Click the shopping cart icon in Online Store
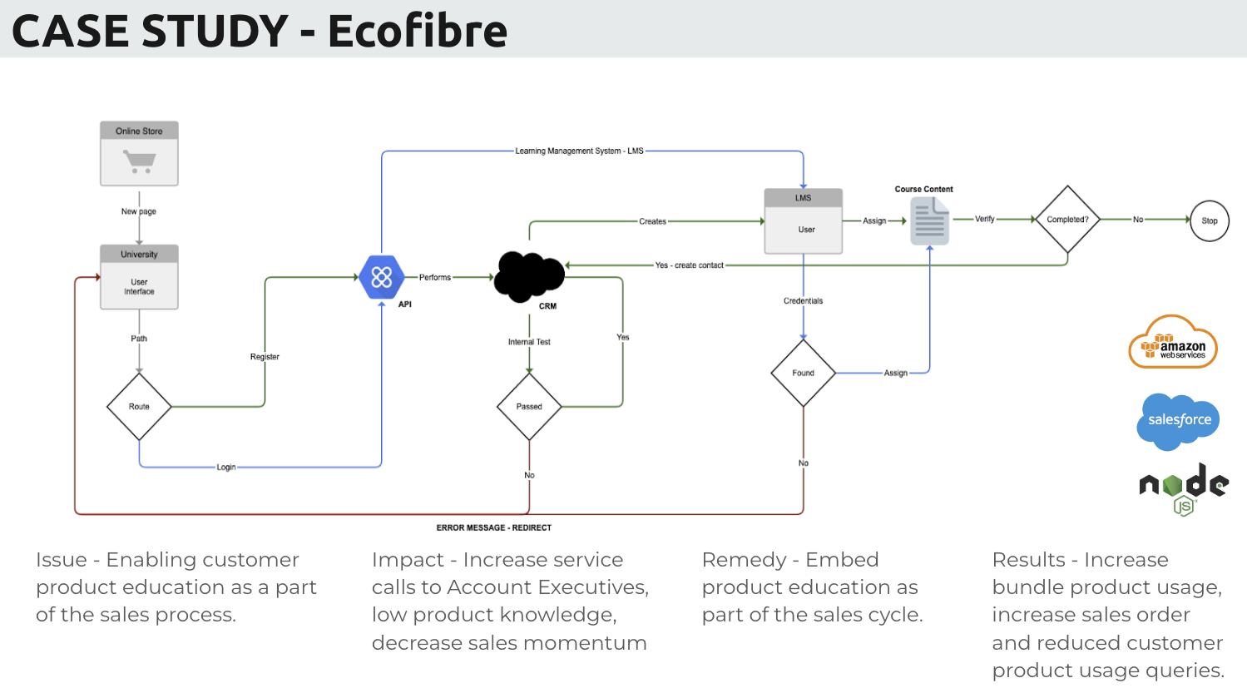139,161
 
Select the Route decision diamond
139,407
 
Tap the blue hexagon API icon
382,277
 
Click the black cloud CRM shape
529,276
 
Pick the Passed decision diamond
529,407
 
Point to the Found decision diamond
803,373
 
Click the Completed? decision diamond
1067,220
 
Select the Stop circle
1209,220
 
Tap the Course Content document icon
929,222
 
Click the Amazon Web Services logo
1173,343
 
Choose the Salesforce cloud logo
1179,420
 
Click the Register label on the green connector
265,357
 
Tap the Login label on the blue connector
226,468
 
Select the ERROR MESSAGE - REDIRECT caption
494,527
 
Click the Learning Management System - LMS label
579,151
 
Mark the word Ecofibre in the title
418,31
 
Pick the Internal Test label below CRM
529,342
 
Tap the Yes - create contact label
689,265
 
